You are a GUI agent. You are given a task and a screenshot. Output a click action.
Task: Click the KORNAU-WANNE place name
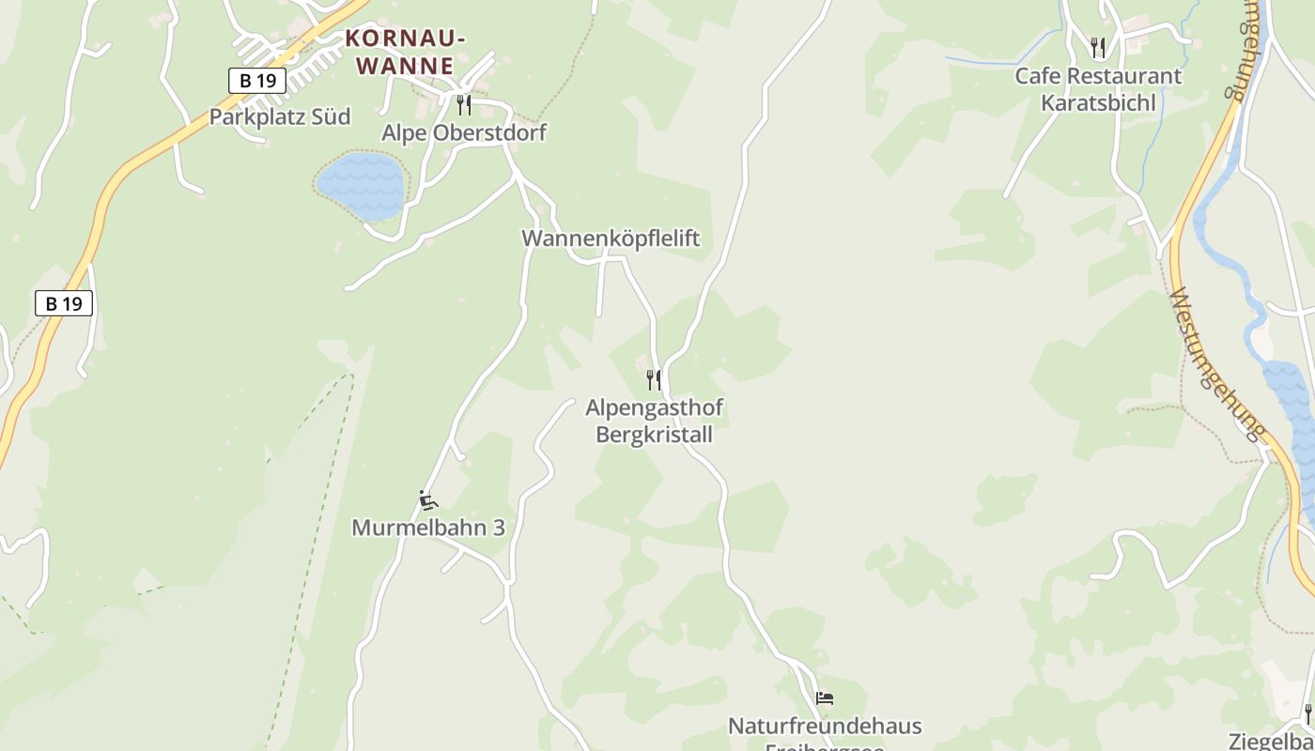405,52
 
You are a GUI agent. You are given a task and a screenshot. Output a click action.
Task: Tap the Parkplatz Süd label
279,116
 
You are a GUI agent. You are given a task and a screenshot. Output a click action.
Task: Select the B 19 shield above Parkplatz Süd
256,80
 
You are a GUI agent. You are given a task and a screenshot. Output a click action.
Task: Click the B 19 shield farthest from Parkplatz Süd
64,303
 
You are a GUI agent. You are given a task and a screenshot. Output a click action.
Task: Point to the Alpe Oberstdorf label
463,132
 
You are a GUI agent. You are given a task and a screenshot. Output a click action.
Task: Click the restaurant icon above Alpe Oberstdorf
463,104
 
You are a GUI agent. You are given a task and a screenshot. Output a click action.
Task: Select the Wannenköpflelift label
611,238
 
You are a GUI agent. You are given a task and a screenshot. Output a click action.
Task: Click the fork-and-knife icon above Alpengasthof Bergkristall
654,380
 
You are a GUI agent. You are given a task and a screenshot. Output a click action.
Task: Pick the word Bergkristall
654,435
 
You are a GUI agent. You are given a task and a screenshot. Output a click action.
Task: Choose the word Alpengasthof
654,408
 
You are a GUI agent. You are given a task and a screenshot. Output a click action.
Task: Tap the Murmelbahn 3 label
427,528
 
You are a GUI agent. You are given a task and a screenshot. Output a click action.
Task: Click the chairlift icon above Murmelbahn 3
428,499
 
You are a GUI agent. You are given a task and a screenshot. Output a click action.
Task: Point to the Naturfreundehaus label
825,726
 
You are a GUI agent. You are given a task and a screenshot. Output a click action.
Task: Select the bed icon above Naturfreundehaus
825,698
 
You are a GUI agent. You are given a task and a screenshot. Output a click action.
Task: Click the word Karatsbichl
1098,102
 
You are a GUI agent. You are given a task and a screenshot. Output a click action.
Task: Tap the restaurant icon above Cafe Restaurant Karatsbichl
1097,47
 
